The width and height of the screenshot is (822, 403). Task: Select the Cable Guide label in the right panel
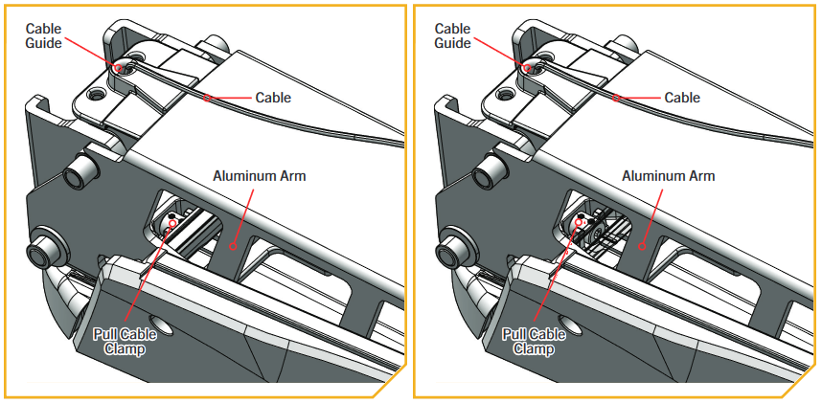[x=452, y=35]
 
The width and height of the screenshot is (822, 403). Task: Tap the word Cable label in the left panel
[x=273, y=98]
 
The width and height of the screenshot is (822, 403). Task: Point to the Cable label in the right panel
[x=682, y=98]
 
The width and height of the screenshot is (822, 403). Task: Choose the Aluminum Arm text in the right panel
[x=669, y=176]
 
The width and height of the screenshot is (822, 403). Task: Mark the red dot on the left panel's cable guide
[x=118, y=67]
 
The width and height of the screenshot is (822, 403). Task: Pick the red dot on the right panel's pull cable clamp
[x=581, y=222]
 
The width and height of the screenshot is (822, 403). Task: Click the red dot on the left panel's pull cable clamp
[x=171, y=222]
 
